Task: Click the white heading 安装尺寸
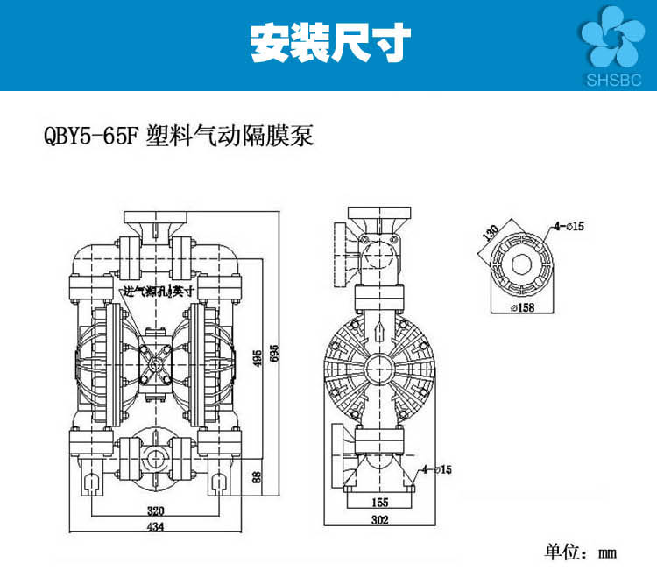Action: point(329,42)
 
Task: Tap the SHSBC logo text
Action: point(612,79)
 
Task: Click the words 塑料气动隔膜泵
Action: point(231,137)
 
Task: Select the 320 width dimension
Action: point(157,511)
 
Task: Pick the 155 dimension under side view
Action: point(379,503)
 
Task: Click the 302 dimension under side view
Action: point(379,519)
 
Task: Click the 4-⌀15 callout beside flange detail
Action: point(569,227)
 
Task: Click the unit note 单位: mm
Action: point(581,552)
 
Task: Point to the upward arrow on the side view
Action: point(378,332)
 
